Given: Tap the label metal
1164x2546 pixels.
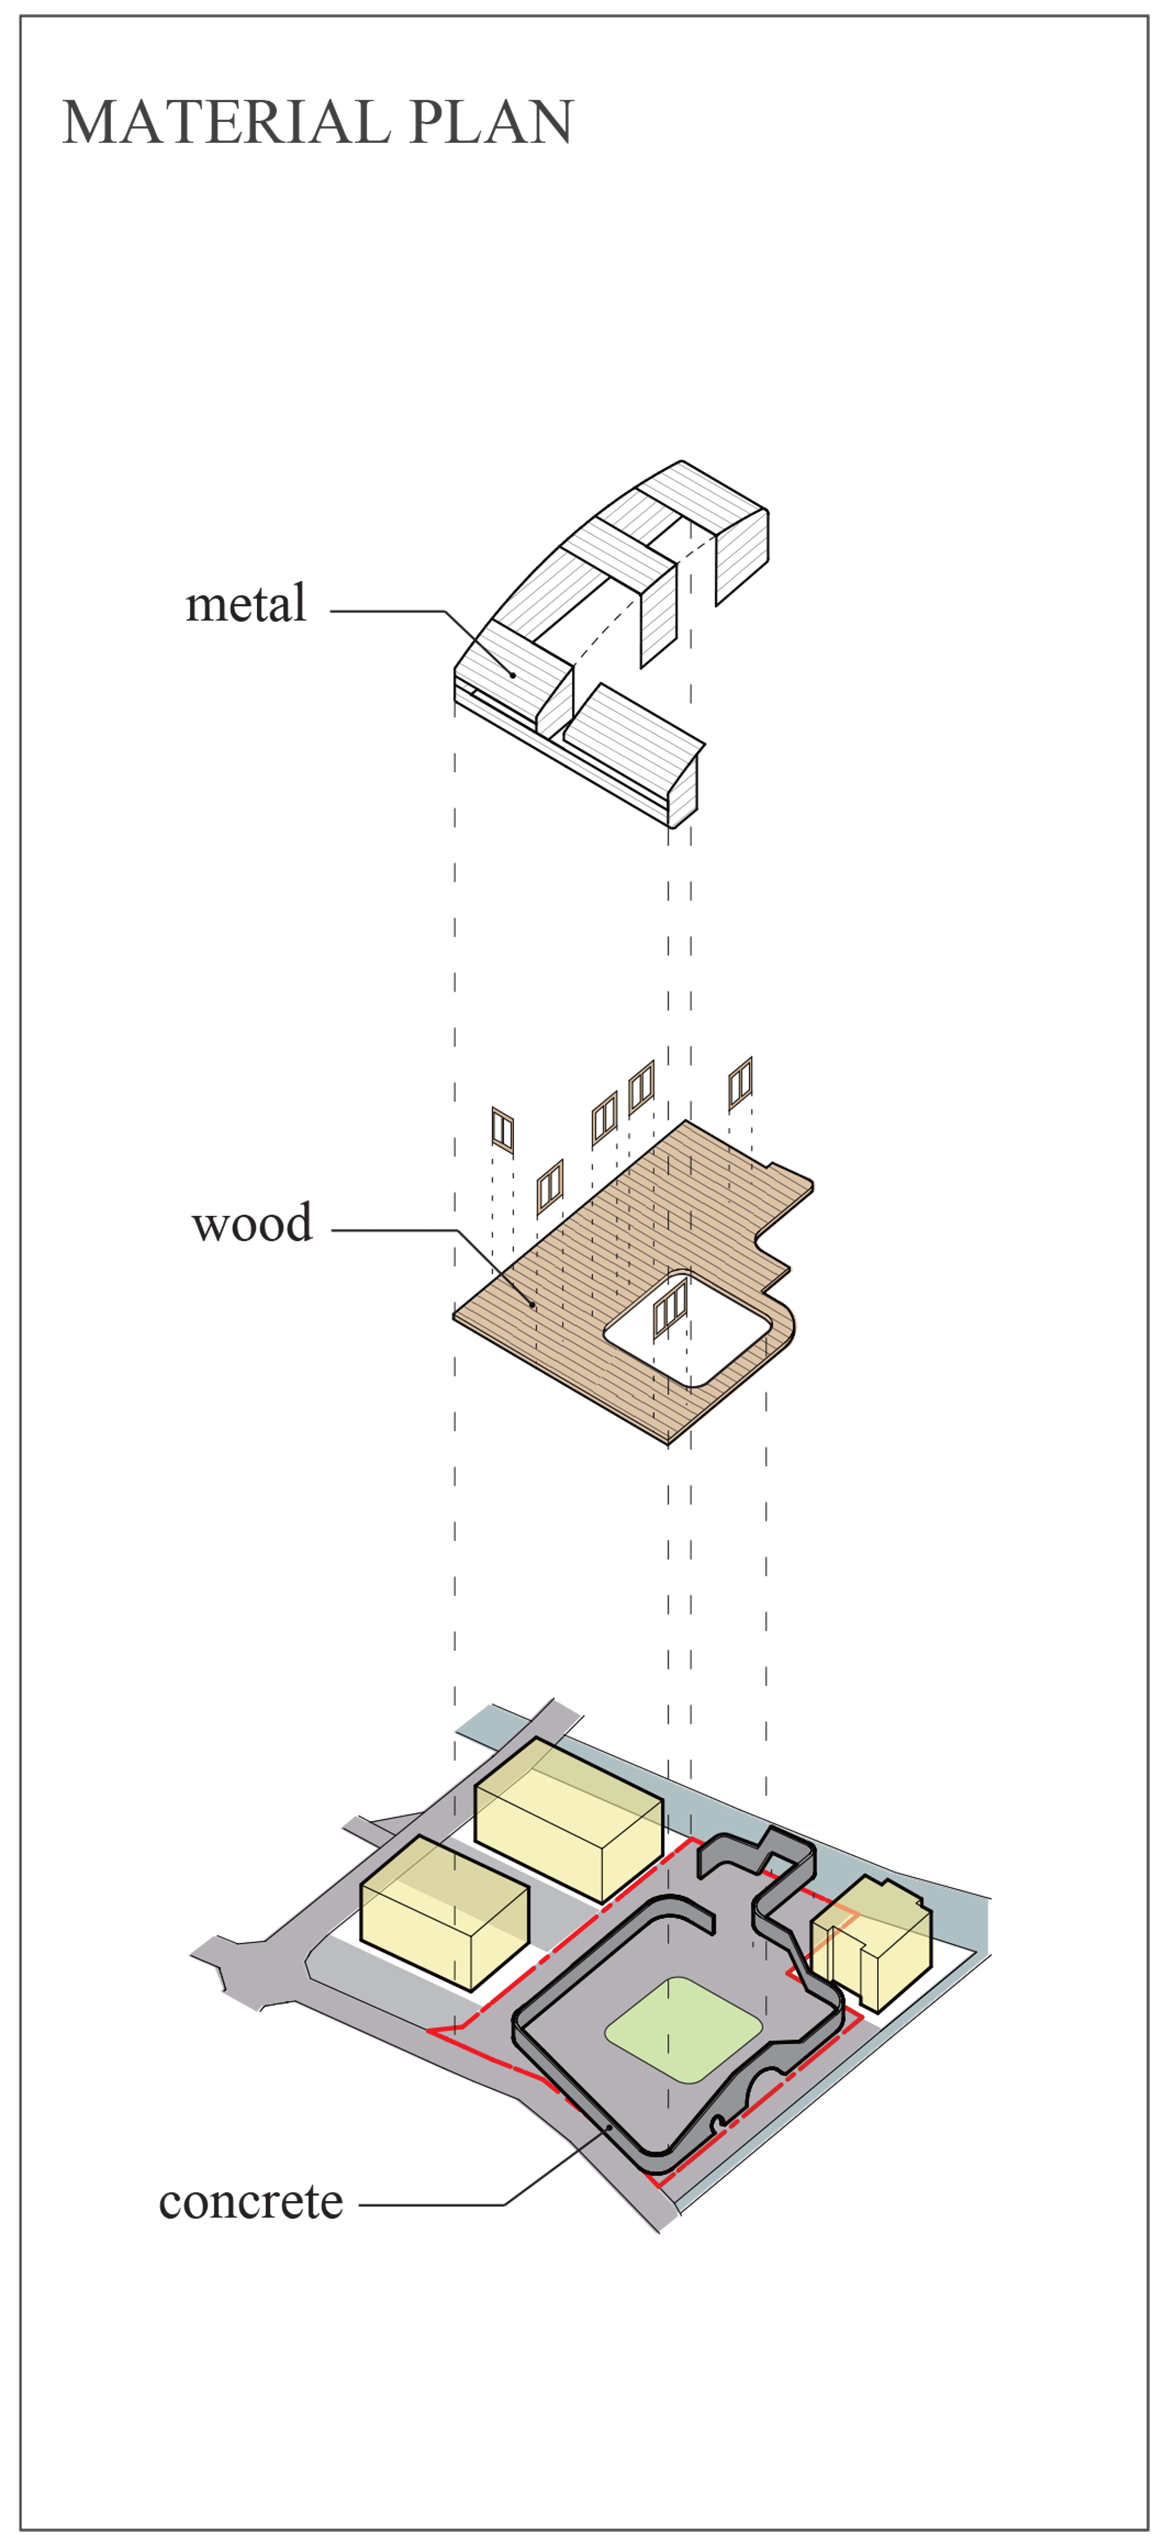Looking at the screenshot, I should (x=246, y=604).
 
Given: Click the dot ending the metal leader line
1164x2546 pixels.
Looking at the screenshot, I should (x=513, y=675).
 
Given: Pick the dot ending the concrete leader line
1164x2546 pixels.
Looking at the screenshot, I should (x=610, y=2128).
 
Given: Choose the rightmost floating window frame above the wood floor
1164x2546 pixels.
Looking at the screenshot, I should (x=740, y=1083).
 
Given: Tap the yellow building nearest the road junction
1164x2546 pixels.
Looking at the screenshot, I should (x=445, y=1913).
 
